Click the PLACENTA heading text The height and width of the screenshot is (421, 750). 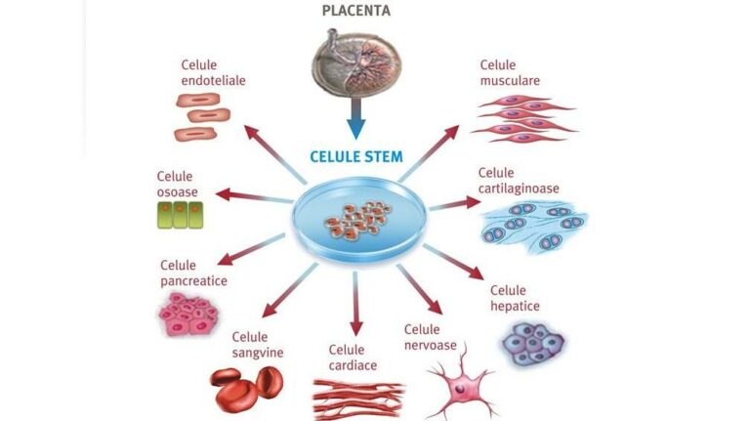(x=357, y=11)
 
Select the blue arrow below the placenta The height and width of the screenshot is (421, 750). (x=355, y=121)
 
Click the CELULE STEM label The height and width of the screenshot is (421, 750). (x=355, y=156)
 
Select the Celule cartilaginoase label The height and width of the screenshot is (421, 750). (x=519, y=181)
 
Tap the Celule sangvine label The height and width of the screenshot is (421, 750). (x=257, y=345)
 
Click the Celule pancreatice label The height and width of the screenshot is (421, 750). (x=193, y=274)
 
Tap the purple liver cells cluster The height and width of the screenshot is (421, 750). (x=532, y=342)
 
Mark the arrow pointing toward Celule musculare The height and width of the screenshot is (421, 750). (x=430, y=151)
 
